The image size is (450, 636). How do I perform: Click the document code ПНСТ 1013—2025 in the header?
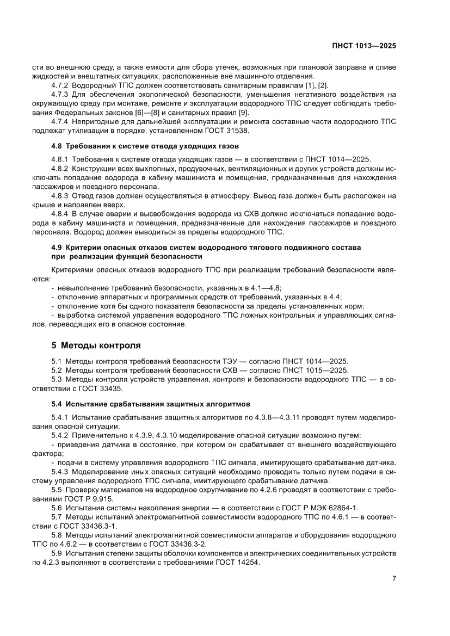(x=365, y=46)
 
